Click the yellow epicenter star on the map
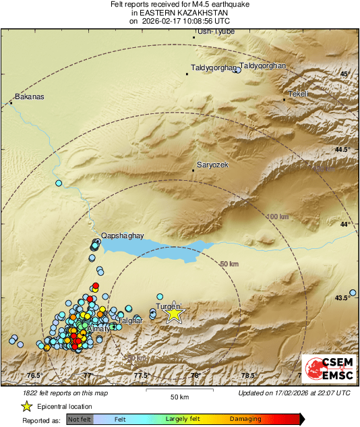(175, 313)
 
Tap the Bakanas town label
(30, 96)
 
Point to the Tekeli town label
(297, 94)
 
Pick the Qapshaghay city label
(122, 235)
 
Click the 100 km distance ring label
(278, 217)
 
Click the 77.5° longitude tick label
(140, 376)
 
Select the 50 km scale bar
(178, 391)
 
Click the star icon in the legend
(27, 406)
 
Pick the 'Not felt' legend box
(80, 419)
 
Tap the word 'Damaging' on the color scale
(246, 419)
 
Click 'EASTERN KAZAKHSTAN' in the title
(180, 12)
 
